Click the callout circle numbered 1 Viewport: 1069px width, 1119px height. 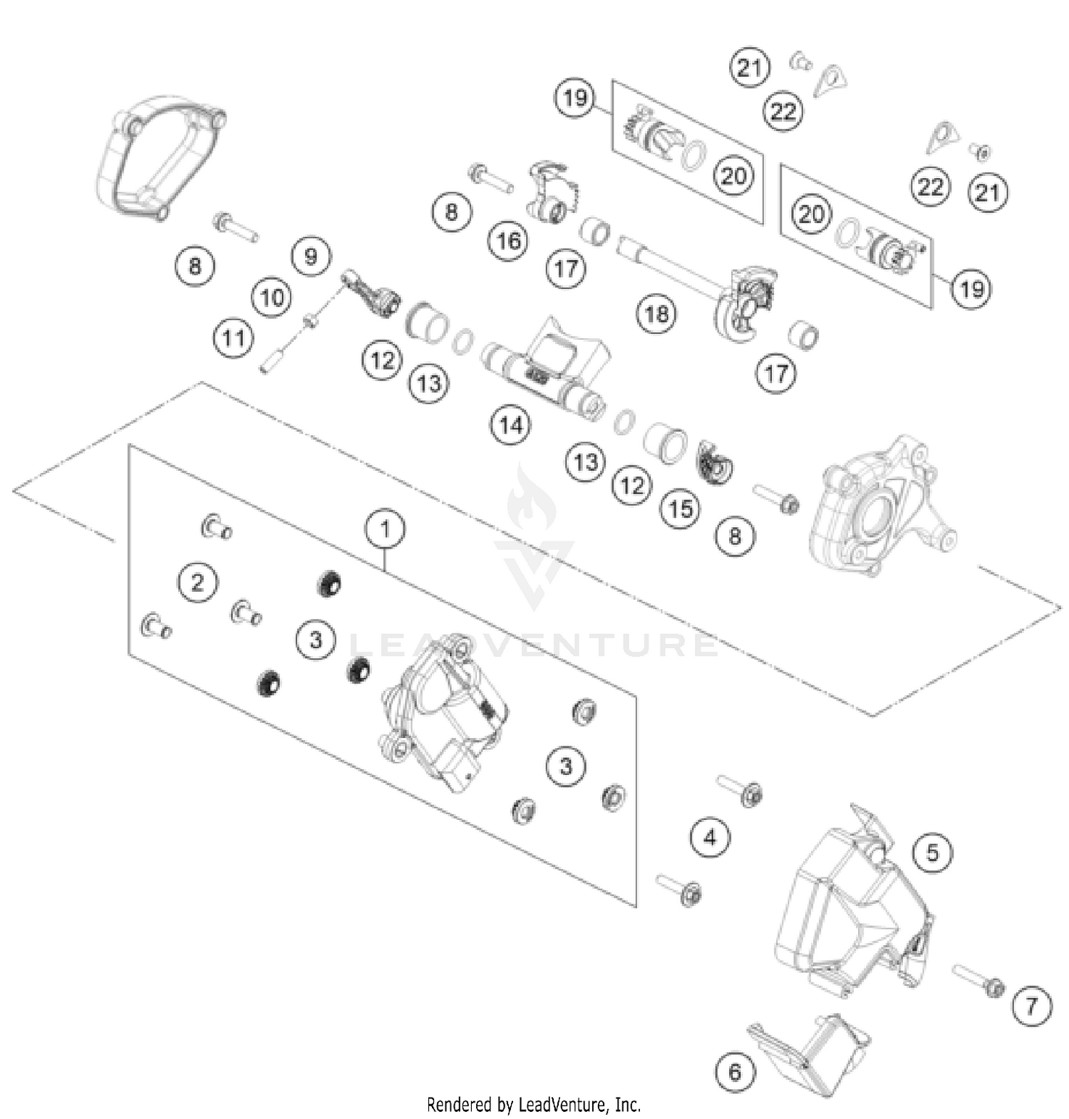point(385,530)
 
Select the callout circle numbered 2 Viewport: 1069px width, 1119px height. point(197,583)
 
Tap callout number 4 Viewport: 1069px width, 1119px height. point(710,838)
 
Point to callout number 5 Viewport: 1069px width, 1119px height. point(933,852)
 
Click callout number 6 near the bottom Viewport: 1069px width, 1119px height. point(735,1071)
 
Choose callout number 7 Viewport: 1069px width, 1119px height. point(1031,1006)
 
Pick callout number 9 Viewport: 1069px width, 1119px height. point(311,256)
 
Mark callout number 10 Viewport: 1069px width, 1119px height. point(272,297)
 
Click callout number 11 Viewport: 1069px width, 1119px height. point(234,338)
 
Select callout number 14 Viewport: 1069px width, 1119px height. point(510,425)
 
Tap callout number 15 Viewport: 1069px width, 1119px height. point(680,509)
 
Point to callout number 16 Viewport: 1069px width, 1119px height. point(508,241)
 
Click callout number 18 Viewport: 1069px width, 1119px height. point(656,313)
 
